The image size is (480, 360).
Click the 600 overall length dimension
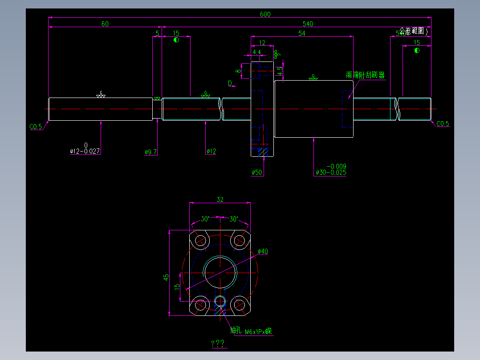pyautogui.click(x=265, y=14)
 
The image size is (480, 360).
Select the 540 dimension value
pyautogui.click(x=308, y=24)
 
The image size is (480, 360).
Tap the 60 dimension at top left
pyautogui.click(x=105, y=24)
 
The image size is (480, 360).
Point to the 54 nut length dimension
pyautogui.click(x=301, y=33)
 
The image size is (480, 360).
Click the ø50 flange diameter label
pyautogui.click(x=257, y=172)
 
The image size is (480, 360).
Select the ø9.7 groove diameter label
pyautogui.click(x=151, y=152)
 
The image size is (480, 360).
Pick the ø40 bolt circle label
pyautogui.click(x=263, y=251)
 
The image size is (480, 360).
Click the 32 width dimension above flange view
pyautogui.click(x=220, y=200)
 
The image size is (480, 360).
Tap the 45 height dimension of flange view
pyautogui.click(x=166, y=277)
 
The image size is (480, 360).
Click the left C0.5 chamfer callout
pyautogui.click(x=36, y=127)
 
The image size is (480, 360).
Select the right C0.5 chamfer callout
pyautogui.click(x=443, y=124)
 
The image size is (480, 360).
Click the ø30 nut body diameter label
pyautogui.click(x=330, y=172)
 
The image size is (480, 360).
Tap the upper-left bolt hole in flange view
pyautogui.click(x=201, y=240)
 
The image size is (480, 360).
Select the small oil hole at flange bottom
pyautogui.click(x=220, y=301)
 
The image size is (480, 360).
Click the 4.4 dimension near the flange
pyautogui.click(x=257, y=52)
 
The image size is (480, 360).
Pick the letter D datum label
pyautogui.click(x=230, y=83)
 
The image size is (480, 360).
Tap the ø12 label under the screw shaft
pyautogui.click(x=211, y=151)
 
